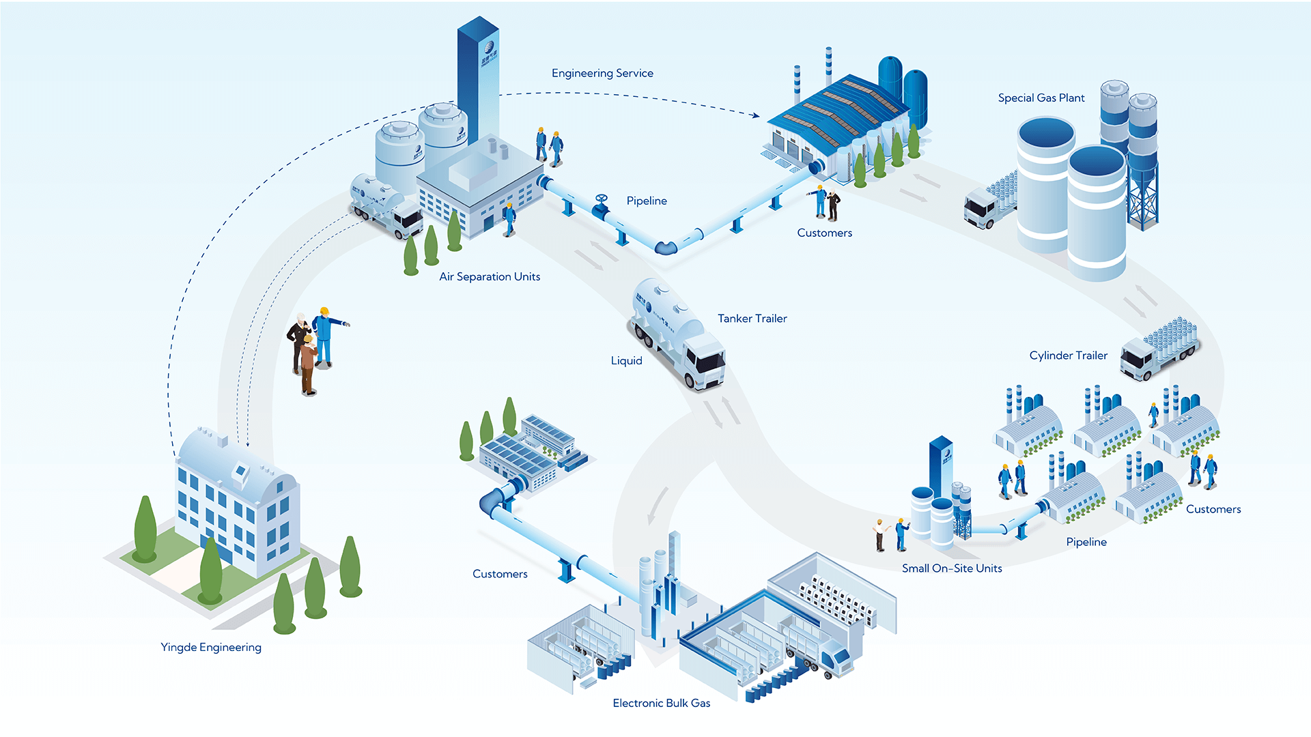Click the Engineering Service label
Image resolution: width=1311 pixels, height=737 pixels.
[602, 73]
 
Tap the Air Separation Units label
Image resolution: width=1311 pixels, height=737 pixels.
[490, 276]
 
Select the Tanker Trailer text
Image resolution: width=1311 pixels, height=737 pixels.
[752, 319]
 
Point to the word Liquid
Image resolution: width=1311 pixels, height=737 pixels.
[626, 361]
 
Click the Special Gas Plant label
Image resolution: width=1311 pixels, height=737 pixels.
[1041, 98]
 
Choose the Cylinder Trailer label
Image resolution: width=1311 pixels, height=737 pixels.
[1068, 356]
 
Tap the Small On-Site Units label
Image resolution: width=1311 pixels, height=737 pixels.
[951, 568]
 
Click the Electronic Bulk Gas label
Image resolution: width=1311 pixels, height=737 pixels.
[661, 703]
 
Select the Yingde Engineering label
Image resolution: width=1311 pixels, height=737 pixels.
[210, 647]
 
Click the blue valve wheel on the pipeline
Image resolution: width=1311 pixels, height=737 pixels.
[601, 200]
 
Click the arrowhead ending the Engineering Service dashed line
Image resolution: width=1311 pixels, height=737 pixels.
[756, 115]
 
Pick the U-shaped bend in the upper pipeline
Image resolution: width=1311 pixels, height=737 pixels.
[666, 247]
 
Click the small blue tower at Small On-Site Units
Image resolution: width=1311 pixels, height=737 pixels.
[941, 464]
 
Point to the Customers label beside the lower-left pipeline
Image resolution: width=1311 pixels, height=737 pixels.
[500, 574]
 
